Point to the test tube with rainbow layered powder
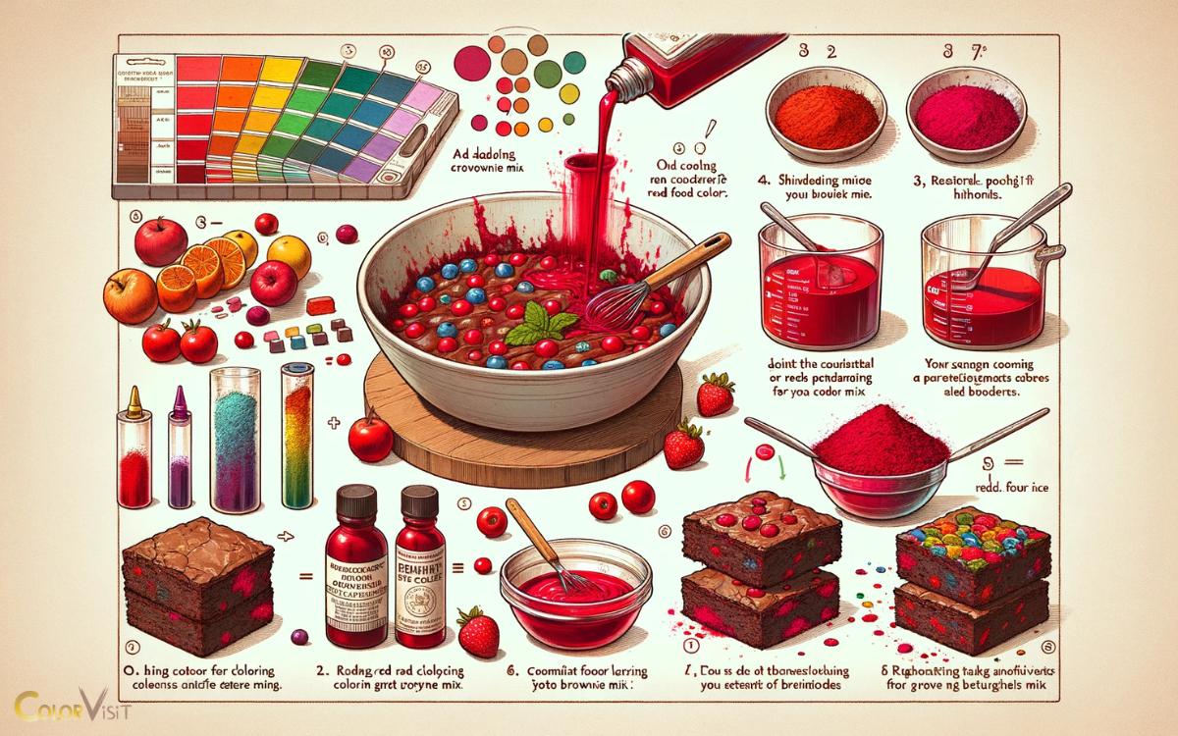[x=294, y=432]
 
